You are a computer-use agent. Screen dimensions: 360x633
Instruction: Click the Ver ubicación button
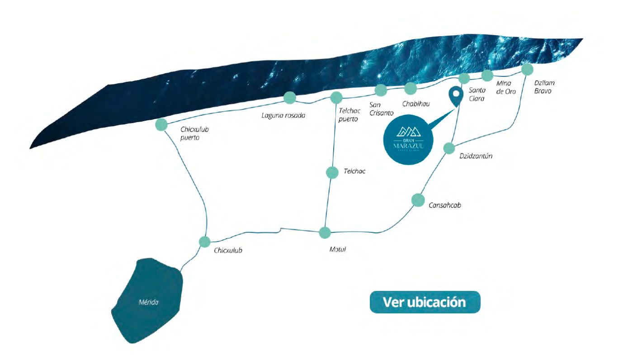[425, 302]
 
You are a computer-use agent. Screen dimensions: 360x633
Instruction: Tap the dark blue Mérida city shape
[149, 301]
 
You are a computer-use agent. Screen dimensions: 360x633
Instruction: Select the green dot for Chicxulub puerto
[161, 124]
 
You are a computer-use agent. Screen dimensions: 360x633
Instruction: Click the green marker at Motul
[325, 233]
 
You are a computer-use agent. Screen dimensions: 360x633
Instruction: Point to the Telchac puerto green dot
[336, 97]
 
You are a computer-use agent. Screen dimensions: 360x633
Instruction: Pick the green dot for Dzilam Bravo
[527, 69]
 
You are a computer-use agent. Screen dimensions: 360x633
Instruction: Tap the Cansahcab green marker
[418, 199]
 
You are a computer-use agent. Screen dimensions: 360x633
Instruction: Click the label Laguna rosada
[283, 115]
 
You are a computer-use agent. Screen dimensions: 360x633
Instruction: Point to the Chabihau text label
[416, 104]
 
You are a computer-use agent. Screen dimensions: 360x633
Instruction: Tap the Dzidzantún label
[476, 156]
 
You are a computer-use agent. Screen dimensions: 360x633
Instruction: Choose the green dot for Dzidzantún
[449, 148]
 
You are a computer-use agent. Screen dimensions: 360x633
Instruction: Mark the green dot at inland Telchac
[332, 172]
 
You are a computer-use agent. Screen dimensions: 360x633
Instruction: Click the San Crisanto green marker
[381, 90]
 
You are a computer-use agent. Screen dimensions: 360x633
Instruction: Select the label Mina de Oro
[506, 87]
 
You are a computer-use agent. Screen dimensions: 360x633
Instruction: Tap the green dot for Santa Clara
[464, 78]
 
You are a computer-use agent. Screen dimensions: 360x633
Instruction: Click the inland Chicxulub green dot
[205, 242]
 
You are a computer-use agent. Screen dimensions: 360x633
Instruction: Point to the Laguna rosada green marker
[289, 97]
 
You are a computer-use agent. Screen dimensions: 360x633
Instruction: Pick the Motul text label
[337, 249]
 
